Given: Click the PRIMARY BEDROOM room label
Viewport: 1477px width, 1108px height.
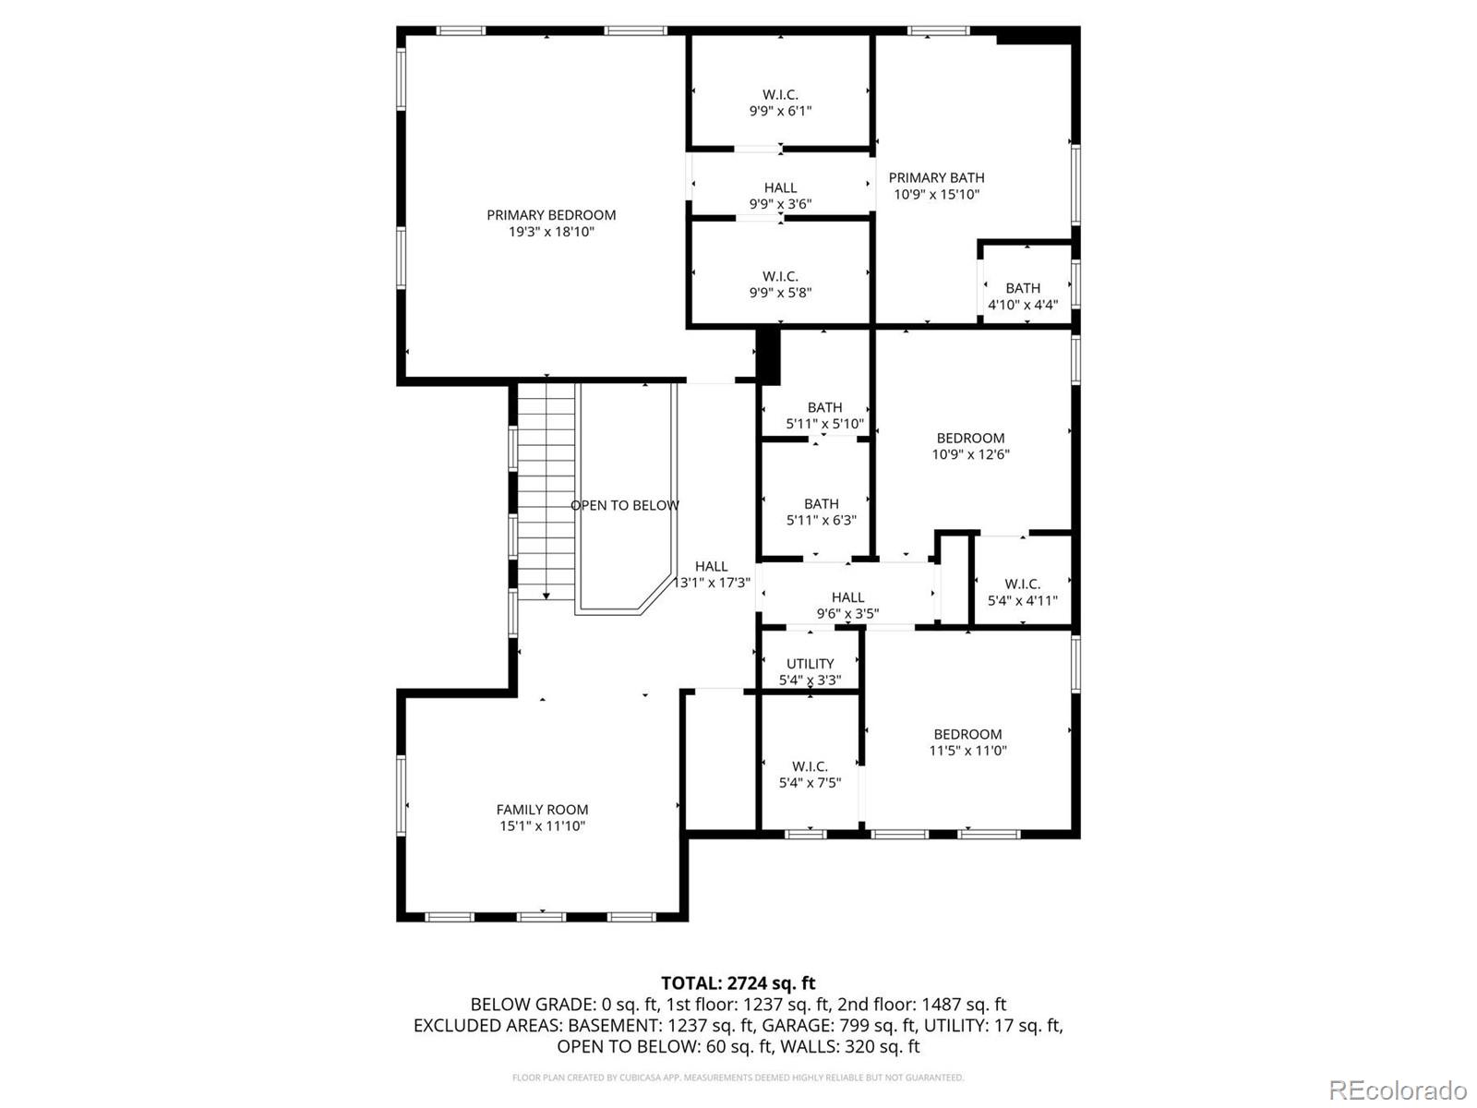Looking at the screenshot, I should pyautogui.click(x=551, y=215).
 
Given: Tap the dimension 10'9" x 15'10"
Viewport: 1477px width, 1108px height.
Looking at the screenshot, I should pyautogui.click(x=936, y=195).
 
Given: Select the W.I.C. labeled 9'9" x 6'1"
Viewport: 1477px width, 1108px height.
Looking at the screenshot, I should pyautogui.click(x=780, y=102).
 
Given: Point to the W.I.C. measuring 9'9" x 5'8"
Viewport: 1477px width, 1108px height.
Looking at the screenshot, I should pyautogui.click(x=780, y=284).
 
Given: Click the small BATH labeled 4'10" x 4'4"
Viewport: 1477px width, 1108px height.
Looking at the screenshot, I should pyautogui.click(x=1023, y=295).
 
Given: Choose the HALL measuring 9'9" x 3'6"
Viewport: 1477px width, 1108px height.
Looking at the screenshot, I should pyautogui.click(x=780, y=196).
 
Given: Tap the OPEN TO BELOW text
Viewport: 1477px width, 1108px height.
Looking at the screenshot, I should pyautogui.click(x=625, y=505).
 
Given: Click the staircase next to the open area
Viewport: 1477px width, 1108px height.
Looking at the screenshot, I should pyautogui.click(x=546, y=489).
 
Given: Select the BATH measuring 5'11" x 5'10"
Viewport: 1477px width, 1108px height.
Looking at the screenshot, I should pyautogui.click(x=824, y=415).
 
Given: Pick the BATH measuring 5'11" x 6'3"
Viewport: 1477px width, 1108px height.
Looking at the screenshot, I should pyautogui.click(x=821, y=512).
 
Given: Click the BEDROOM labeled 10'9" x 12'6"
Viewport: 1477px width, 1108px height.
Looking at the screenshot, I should pyautogui.click(x=970, y=446).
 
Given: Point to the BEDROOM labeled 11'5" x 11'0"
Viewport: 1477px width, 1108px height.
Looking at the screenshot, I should pyautogui.click(x=967, y=742).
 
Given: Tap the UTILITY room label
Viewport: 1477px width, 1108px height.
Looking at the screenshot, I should pyautogui.click(x=810, y=664).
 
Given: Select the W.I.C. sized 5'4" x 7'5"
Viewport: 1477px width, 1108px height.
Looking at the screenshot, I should pyautogui.click(x=810, y=775).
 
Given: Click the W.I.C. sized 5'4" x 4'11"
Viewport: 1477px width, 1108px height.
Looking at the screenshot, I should pyautogui.click(x=1022, y=592).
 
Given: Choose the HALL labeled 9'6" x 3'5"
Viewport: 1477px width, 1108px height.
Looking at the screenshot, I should pyautogui.click(x=847, y=606).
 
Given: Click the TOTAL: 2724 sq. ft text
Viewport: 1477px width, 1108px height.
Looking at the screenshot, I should pyautogui.click(x=738, y=983).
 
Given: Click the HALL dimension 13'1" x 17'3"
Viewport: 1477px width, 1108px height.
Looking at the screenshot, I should pyautogui.click(x=711, y=583).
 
